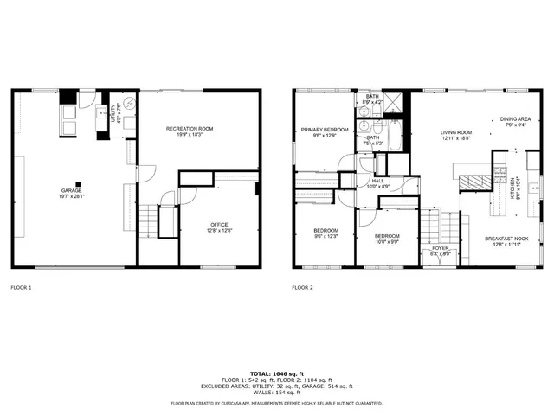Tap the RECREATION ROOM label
coord(190,129)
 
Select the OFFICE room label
coord(218,225)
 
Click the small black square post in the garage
coord(79,182)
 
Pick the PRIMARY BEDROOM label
coord(325,130)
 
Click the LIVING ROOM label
coord(456,132)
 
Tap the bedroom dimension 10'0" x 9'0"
coord(386,241)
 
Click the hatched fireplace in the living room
coord(473,182)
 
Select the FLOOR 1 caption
coord(21,287)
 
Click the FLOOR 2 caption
coord(302,287)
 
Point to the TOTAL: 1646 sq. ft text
coord(277,373)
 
